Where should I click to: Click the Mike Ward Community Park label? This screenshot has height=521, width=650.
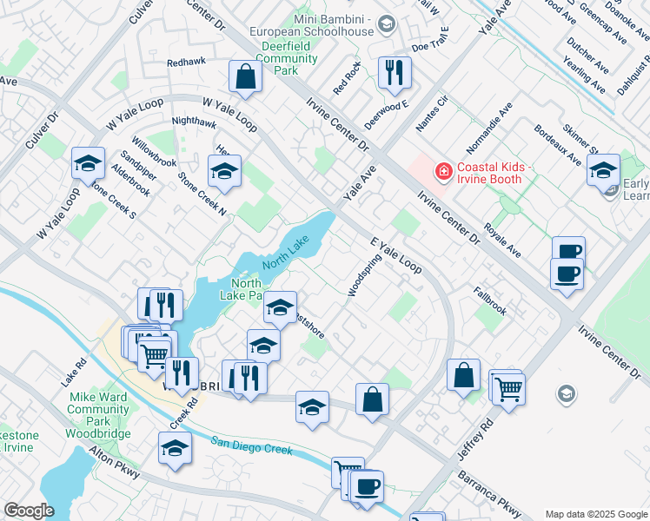click(98, 415)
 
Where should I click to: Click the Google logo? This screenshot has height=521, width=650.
click(29, 511)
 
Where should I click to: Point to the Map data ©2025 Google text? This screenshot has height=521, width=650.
click(595, 514)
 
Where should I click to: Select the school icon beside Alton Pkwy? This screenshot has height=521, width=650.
click(175, 448)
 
